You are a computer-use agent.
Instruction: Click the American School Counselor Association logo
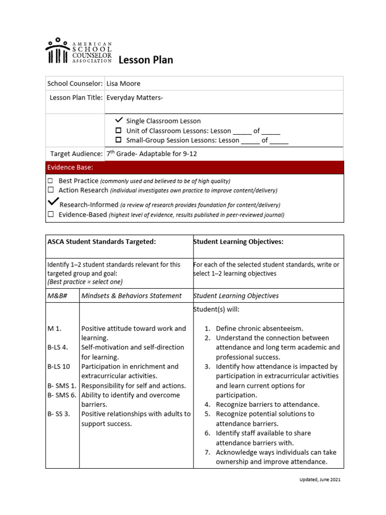point(78,51)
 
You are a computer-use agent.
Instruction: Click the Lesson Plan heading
point(146,60)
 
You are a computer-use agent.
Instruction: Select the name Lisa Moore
point(124,83)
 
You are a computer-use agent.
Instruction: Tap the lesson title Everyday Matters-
point(135,98)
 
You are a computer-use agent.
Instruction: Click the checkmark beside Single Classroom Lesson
point(119,120)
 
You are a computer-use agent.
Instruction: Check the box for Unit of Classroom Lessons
point(119,131)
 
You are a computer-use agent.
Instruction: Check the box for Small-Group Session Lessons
point(119,140)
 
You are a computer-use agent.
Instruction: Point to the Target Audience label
point(76,154)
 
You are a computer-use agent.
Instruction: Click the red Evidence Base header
point(195,167)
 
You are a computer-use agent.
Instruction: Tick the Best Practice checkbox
point(50,181)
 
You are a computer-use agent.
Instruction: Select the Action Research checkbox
point(50,190)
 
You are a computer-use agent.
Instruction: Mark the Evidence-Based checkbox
point(50,214)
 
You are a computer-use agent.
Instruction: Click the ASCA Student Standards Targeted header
point(102,242)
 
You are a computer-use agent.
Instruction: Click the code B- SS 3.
point(58,414)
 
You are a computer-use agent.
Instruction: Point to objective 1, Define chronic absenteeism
point(259,328)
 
